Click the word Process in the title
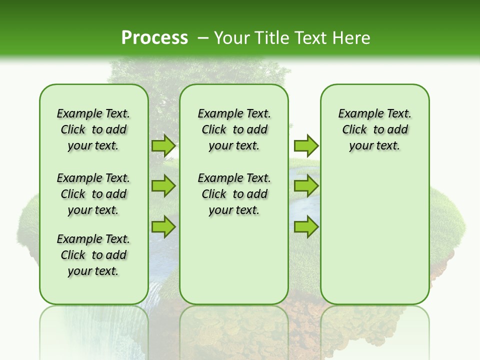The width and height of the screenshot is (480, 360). coord(154,37)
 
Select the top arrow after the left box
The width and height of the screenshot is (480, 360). coord(163,145)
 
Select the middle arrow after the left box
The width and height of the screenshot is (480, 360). coord(163,186)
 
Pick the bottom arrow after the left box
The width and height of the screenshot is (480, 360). coord(163,226)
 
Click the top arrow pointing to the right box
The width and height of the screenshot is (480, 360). coord(305,145)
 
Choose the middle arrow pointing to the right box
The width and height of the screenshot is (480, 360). coord(305,186)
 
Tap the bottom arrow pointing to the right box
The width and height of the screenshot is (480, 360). coord(305,226)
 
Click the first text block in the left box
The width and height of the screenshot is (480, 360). coord(93,129)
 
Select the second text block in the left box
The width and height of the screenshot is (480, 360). coord(93,194)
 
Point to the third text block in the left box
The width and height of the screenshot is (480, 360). coord(93,255)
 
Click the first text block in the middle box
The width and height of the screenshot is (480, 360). coord(234,129)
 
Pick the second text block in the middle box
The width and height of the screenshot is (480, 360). coord(234,194)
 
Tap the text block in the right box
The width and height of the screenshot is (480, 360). coord(374,129)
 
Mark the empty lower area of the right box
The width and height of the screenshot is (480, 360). coord(374,235)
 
